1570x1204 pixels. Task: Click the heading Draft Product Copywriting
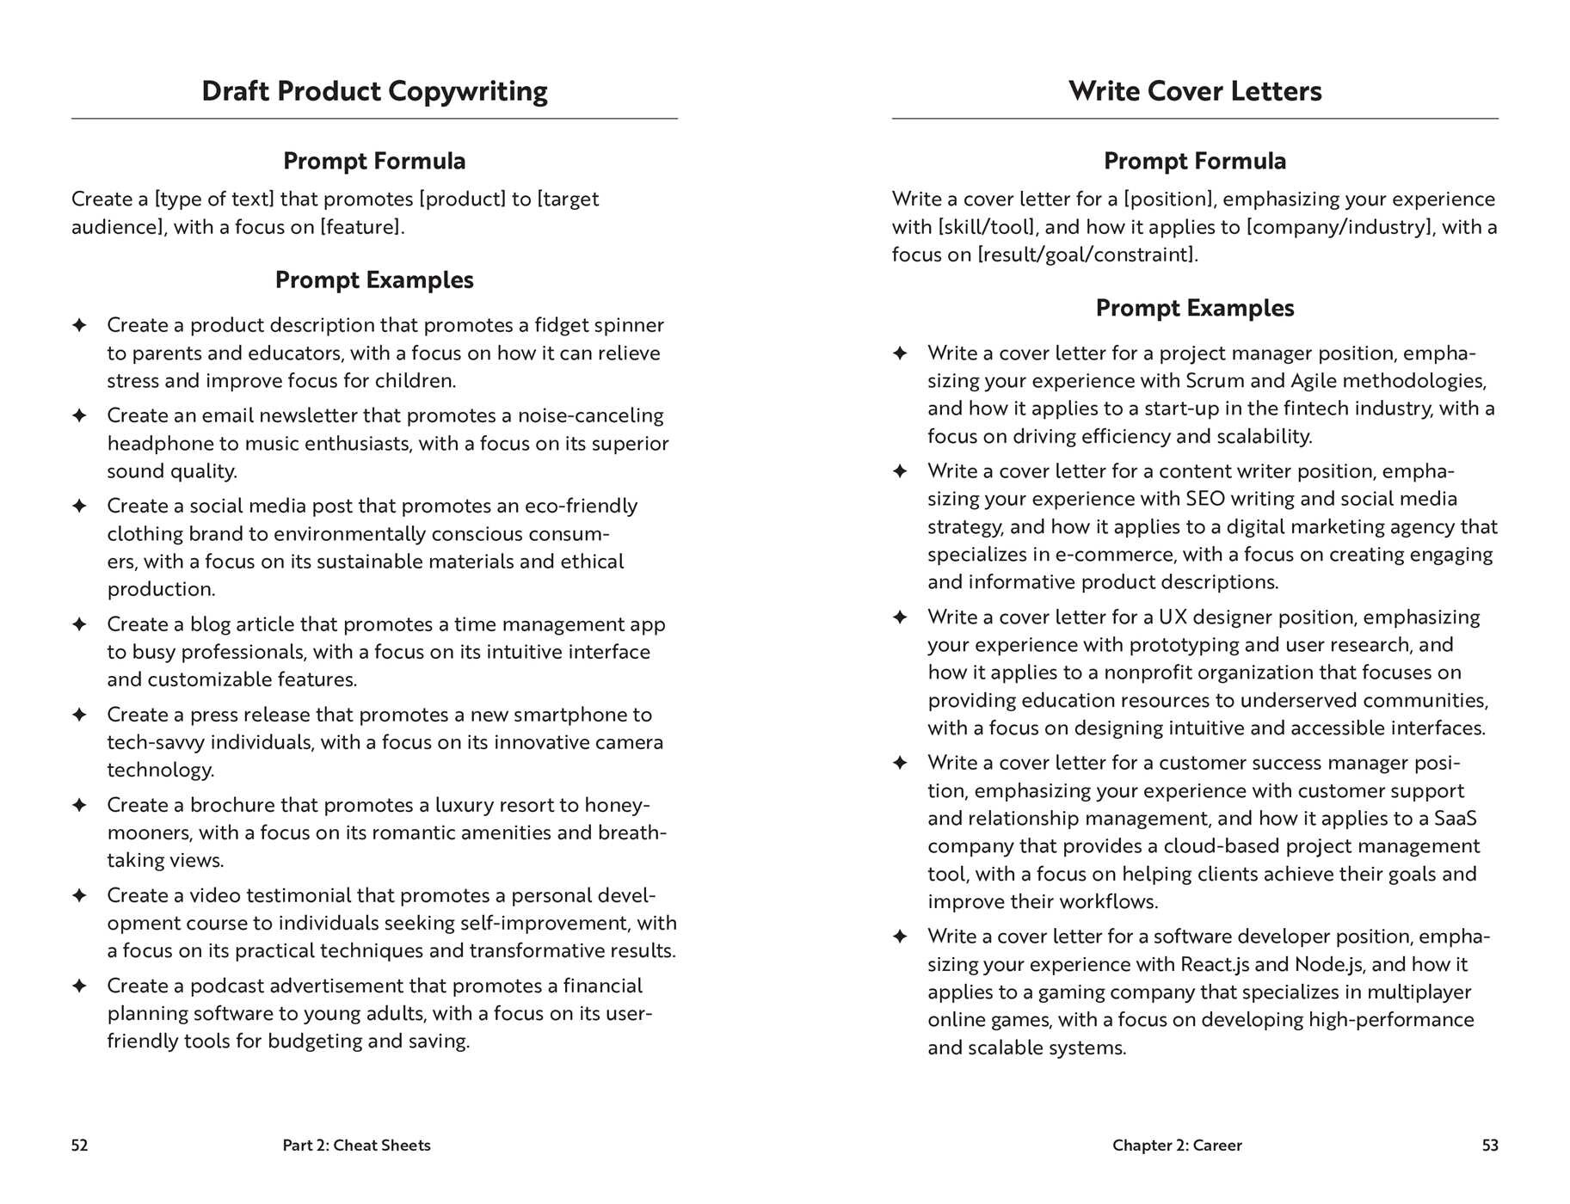(374, 91)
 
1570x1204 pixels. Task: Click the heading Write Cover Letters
(1195, 91)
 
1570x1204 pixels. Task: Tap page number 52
(79, 1146)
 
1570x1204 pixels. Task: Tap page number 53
(1490, 1146)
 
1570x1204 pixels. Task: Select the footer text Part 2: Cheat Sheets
(356, 1146)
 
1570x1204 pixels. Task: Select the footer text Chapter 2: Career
(1177, 1146)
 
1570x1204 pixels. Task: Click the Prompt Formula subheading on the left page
(374, 161)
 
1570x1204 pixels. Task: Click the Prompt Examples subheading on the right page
(1195, 308)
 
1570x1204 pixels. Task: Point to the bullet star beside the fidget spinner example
(79, 325)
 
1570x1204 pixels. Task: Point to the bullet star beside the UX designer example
(900, 617)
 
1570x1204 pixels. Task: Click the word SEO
(1205, 499)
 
